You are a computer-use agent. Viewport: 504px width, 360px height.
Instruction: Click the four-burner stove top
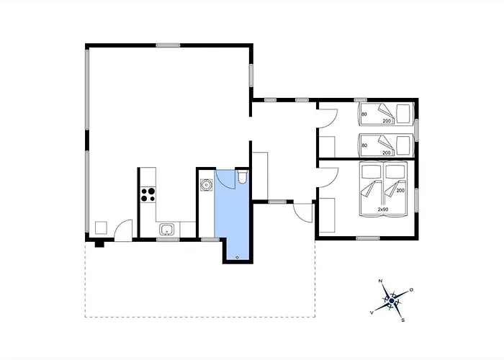pos(148,195)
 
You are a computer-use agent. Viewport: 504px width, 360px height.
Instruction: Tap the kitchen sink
pos(167,230)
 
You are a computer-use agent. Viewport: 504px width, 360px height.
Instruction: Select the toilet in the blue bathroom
pos(243,177)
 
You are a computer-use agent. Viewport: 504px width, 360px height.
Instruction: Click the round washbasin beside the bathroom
pos(206,185)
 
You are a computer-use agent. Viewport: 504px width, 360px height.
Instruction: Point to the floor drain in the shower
pos(237,257)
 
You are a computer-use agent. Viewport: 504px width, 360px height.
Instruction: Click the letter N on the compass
pos(381,281)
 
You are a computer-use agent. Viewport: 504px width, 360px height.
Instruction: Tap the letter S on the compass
pos(402,320)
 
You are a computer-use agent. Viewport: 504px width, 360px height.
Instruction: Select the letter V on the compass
pos(372,312)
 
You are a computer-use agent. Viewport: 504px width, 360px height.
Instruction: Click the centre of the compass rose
pos(392,300)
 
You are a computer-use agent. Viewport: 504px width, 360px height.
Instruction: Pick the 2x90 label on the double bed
pos(383,210)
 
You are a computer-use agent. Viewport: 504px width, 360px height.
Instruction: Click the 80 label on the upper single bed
pos(364,114)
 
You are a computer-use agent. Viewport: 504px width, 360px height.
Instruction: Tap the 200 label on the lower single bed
pos(387,153)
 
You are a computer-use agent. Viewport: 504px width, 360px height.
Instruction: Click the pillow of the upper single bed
pos(403,114)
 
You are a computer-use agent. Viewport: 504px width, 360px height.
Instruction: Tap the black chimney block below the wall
pos(99,244)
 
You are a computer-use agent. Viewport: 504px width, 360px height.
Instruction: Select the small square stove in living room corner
pos(101,228)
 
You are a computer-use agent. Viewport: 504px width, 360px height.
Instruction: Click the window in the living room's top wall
pos(168,45)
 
